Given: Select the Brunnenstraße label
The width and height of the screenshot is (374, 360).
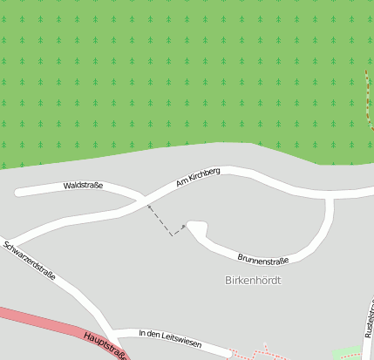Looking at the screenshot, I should [263, 259].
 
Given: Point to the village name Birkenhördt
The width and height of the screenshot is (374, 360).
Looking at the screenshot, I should [254, 281].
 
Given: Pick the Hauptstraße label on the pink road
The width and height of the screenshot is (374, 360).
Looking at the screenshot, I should [107, 345].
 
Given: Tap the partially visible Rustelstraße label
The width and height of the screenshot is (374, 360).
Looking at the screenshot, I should [369, 318].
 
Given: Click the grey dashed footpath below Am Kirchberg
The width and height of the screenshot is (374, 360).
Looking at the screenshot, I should [167, 221].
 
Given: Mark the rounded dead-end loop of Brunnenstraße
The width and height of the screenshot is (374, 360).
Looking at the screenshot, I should [196, 228].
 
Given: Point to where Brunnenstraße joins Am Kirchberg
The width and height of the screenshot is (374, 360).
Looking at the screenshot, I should [330, 198].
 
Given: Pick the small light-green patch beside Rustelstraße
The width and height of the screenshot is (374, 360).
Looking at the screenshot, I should [349, 353].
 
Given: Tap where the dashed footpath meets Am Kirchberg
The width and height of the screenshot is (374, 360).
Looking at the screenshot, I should [149, 206].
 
